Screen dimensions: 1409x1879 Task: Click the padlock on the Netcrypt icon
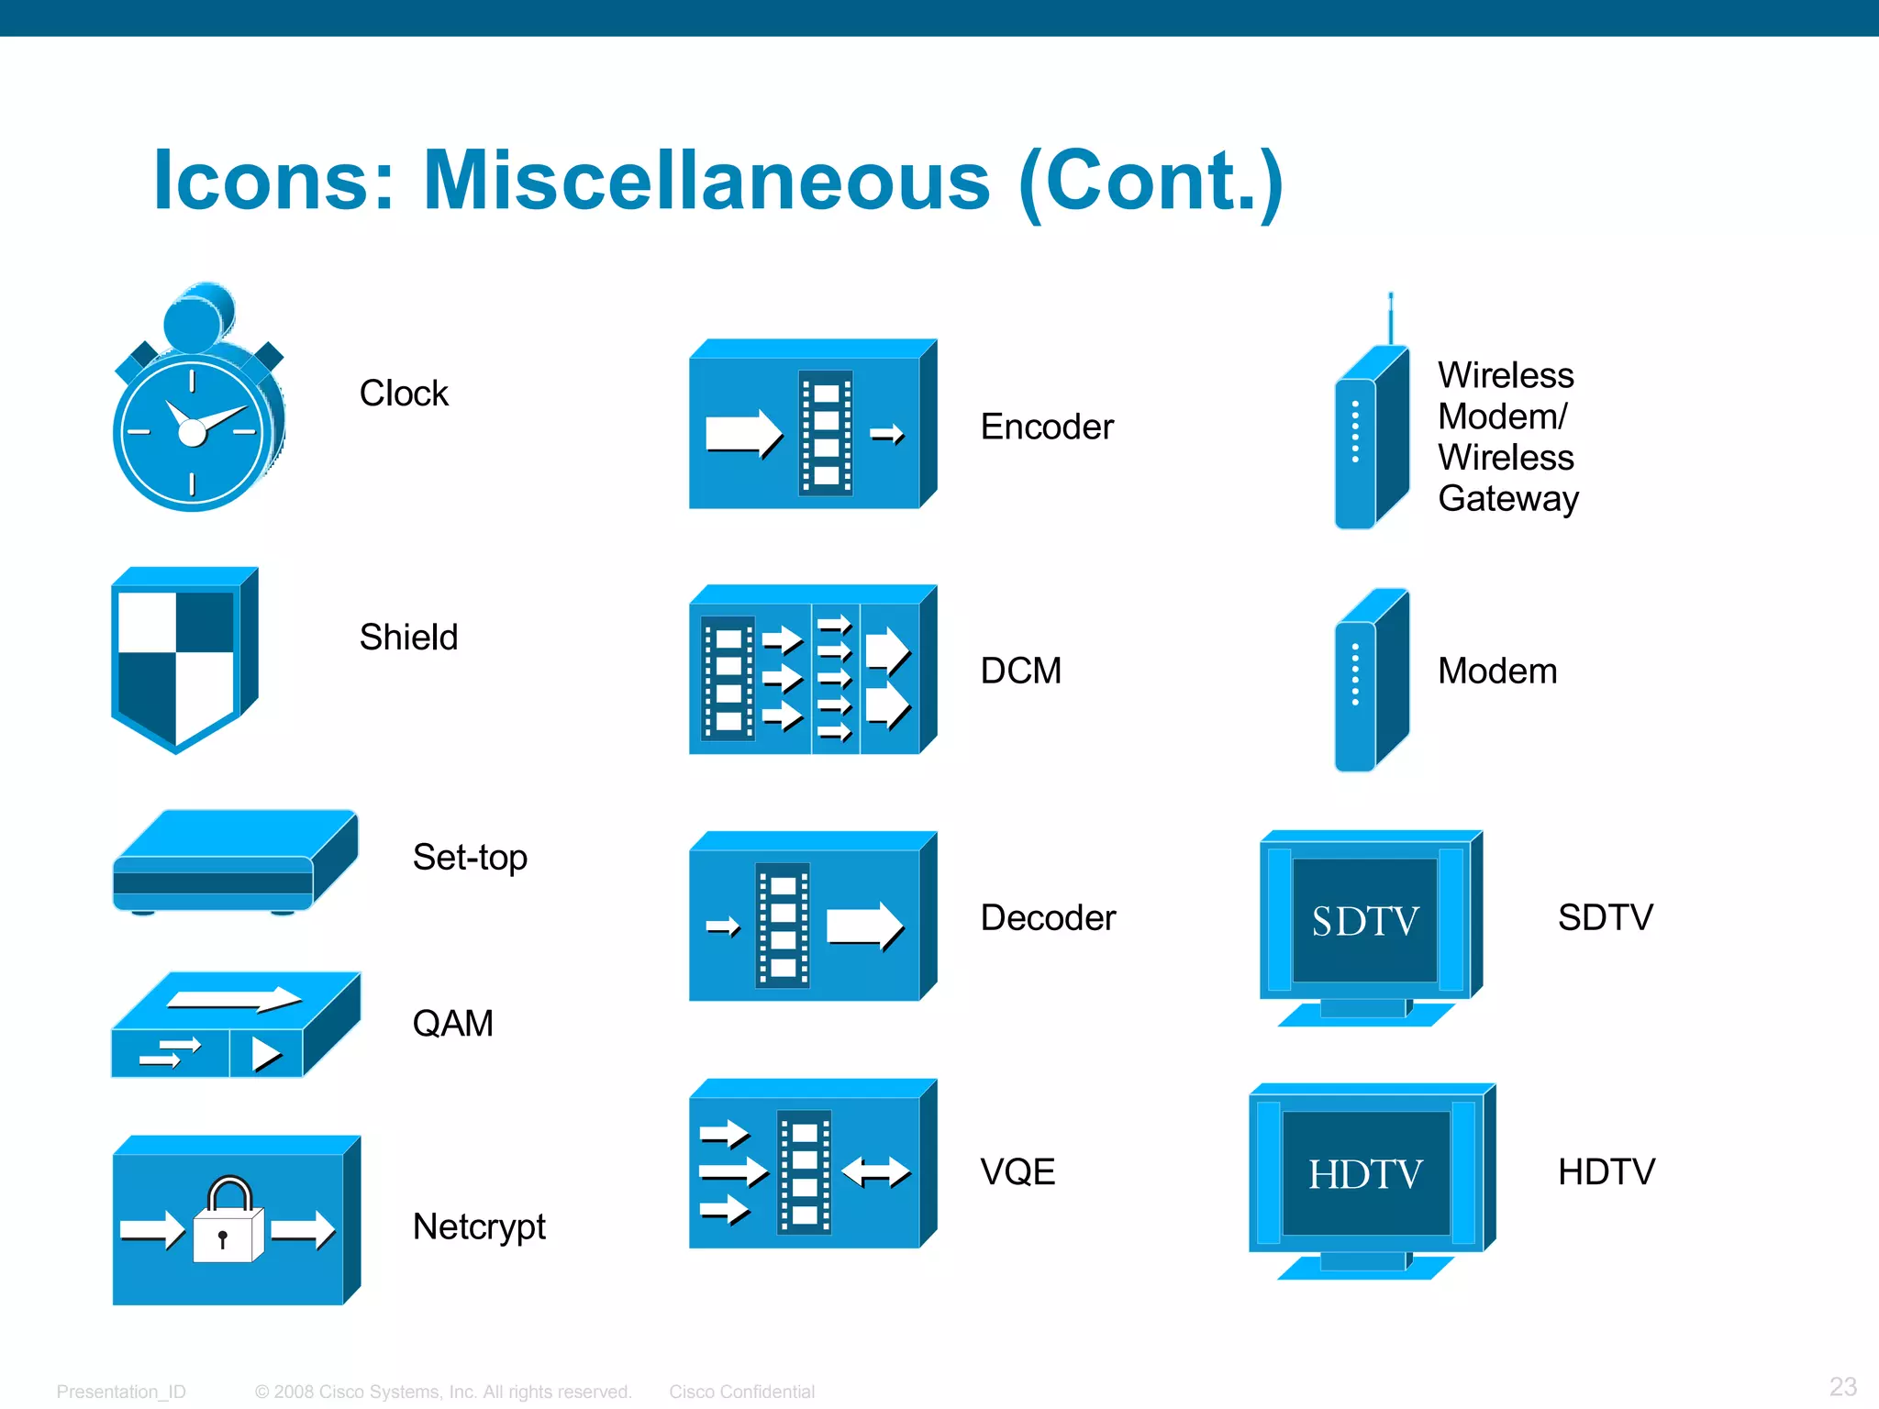tap(228, 1225)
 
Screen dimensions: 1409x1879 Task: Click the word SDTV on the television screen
tap(1365, 921)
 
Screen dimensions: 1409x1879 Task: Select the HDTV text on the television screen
tap(1365, 1174)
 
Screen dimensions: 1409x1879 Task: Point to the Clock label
tap(404, 394)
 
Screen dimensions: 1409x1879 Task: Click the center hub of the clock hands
tap(193, 431)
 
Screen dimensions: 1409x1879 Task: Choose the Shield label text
tap(408, 637)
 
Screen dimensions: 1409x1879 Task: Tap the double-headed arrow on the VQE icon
tap(875, 1171)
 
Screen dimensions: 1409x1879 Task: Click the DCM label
tap(1020, 671)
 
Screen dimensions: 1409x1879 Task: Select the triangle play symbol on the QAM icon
tap(265, 1054)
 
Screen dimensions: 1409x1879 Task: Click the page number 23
tap(1842, 1386)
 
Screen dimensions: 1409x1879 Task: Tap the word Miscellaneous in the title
tap(706, 180)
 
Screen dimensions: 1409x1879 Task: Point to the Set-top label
tap(470, 858)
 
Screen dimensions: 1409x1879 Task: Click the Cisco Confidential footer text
tap(741, 1392)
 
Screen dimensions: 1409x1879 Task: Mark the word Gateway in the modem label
tap(1507, 498)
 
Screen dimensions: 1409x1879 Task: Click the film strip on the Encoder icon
tap(826, 433)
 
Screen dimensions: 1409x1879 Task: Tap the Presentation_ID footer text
tap(121, 1392)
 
